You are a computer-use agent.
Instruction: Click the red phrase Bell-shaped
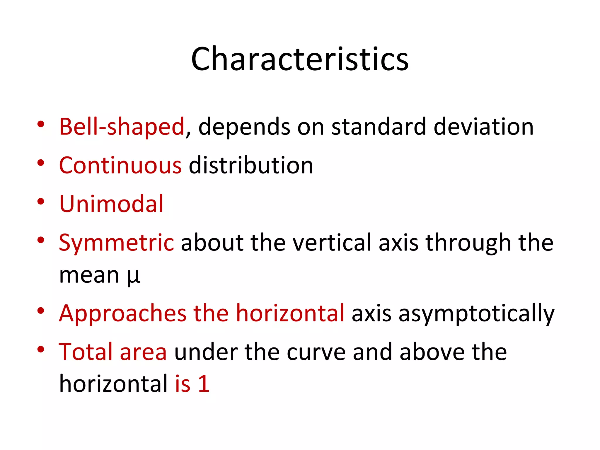[122, 127]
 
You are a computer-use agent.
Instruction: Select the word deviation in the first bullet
[483, 127]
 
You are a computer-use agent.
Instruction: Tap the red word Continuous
[120, 165]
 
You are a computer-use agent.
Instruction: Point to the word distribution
[251, 165]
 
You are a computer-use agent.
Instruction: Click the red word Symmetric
[116, 243]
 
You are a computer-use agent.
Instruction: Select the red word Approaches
[122, 313]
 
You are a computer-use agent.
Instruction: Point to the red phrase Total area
[113, 352]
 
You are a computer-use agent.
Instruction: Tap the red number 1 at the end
[204, 383]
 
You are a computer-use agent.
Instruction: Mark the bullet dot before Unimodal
[41, 202]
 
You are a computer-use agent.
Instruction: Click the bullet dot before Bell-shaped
[41, 124]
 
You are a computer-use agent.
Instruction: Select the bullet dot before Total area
[41, 349]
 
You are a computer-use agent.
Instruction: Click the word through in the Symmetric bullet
[468, 243]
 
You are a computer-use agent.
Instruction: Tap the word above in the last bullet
[432, 352]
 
